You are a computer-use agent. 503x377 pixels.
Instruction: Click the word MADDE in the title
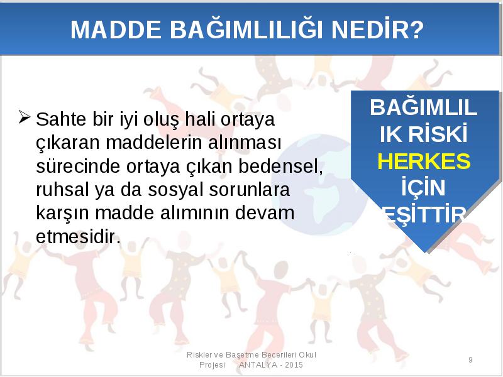(116, 30)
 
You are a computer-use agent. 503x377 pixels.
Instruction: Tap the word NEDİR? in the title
(378, 29)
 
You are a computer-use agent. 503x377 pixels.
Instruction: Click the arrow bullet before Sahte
(25, 117)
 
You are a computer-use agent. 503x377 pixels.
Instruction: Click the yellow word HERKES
(424, 161)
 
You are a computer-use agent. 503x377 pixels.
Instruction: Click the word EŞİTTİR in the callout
(424, 214)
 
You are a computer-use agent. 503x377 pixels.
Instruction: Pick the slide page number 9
(470, 359)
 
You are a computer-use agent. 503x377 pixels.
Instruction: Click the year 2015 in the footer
(294, 365)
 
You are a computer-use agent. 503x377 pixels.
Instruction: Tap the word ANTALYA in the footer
(258, 365)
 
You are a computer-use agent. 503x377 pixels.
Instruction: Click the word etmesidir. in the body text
(78, 237)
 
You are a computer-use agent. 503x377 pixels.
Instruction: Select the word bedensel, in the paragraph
(280, 167)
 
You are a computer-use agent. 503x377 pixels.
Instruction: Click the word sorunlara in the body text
(250, 190)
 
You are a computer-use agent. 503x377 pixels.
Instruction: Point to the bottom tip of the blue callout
(426, 253)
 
